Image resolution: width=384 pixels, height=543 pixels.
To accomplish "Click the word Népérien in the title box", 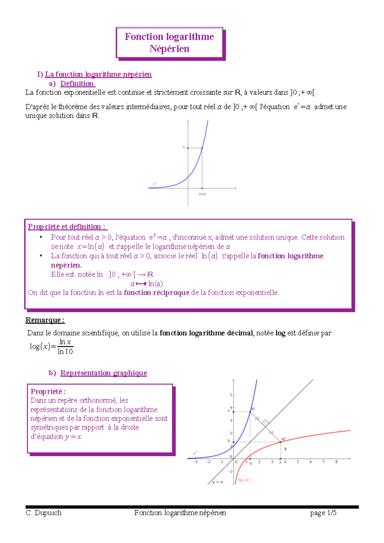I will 169,49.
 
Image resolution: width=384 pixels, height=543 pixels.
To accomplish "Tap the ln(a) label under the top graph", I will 202,194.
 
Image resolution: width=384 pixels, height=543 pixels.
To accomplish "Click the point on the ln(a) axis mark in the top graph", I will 202,188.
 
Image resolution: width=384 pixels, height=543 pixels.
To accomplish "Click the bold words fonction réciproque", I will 156,293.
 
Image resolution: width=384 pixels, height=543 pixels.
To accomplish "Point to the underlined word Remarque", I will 45,320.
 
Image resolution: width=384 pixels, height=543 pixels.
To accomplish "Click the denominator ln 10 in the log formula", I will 65,351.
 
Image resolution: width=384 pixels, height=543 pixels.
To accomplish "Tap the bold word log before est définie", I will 280,333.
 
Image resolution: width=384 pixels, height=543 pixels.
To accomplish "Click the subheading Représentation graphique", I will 104,373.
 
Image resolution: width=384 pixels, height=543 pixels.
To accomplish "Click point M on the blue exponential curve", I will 250,412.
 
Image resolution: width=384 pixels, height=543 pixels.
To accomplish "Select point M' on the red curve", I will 281,442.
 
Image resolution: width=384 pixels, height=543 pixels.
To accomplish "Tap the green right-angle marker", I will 265,423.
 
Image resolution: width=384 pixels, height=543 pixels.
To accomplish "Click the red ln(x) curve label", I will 244,480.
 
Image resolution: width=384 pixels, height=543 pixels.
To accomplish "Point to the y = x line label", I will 218,482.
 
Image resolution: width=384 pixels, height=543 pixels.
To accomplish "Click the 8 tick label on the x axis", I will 336,462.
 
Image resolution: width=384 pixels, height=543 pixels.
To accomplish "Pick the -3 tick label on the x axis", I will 195,462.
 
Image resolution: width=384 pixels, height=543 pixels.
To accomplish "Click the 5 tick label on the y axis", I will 231,395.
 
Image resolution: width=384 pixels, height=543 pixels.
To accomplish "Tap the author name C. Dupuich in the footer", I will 44,513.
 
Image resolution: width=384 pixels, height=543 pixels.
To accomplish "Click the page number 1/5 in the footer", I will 332,513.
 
